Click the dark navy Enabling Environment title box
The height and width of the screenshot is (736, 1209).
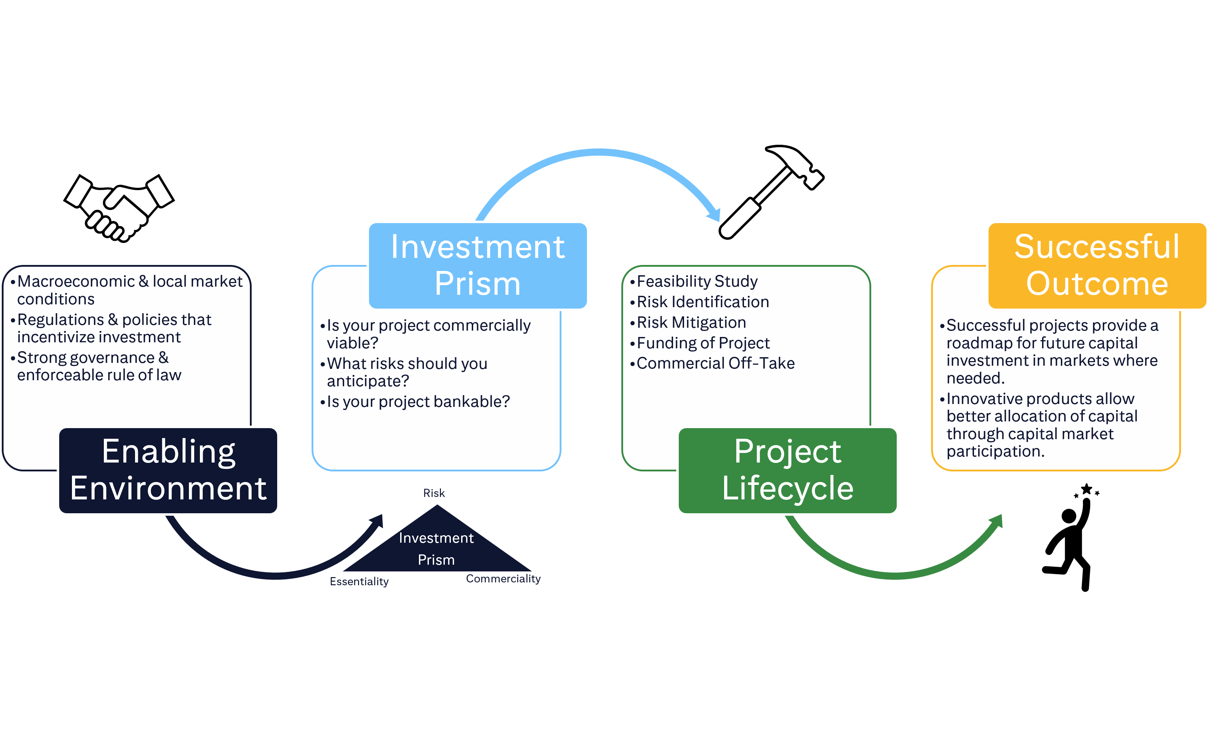tap(168, 470)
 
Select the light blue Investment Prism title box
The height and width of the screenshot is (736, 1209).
tap(477, 265)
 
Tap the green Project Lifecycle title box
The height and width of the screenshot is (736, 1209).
tap(788, 470)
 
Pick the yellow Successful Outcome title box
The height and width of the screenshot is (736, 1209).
tap(1097, 265)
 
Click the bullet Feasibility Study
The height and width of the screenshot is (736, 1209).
tap(697, 281)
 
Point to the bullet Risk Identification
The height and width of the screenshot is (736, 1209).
tap(703, 302)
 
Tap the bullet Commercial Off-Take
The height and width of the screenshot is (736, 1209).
tap(715, 363)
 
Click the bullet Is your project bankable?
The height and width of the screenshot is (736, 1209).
tap(418, 402)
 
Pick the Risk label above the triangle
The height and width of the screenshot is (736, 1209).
tap(434, 493)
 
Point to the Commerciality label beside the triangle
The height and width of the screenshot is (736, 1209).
tap(503, 579)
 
